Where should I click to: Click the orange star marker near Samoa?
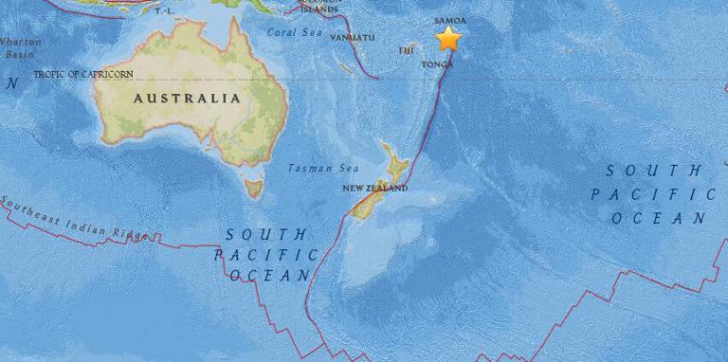[x=448, y=39]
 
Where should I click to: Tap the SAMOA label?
[x=448, y=19]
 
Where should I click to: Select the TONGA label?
[x=438, y=64]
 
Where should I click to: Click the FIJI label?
[x=408, y=49]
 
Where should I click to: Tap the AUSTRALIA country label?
[x=186, y=98]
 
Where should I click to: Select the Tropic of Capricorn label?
[x=82, y=74]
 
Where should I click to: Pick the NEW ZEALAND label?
[x=375, y=189]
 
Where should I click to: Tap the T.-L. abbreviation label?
[x=164, y=11]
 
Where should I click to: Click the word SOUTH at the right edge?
[x=655, y=171]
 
